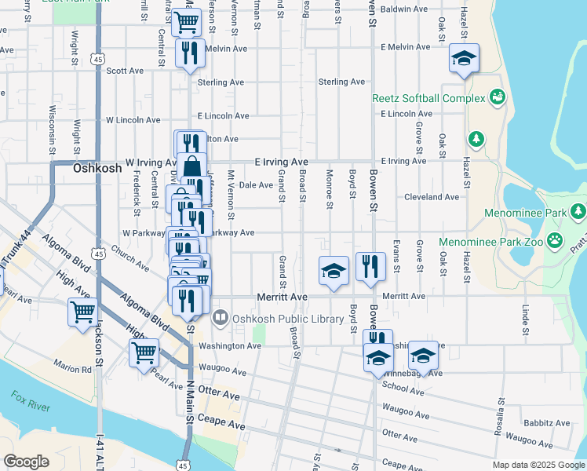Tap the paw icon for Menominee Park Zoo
(x=556, y=239)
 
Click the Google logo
(x=26, y=462)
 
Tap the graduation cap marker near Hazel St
(x=464, y=58)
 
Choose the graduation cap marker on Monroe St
(x=334, y=271)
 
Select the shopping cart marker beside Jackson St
(x=82, y=312)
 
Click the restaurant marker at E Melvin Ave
(x=188, y=53)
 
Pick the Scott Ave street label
(x=125, y=70)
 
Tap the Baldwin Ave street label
(x=403, y=10)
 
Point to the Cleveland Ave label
(x=431, y=197)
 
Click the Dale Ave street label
(x=255, y=185)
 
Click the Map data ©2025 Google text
(x=538, y=465)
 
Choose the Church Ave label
(x=130, y=261)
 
